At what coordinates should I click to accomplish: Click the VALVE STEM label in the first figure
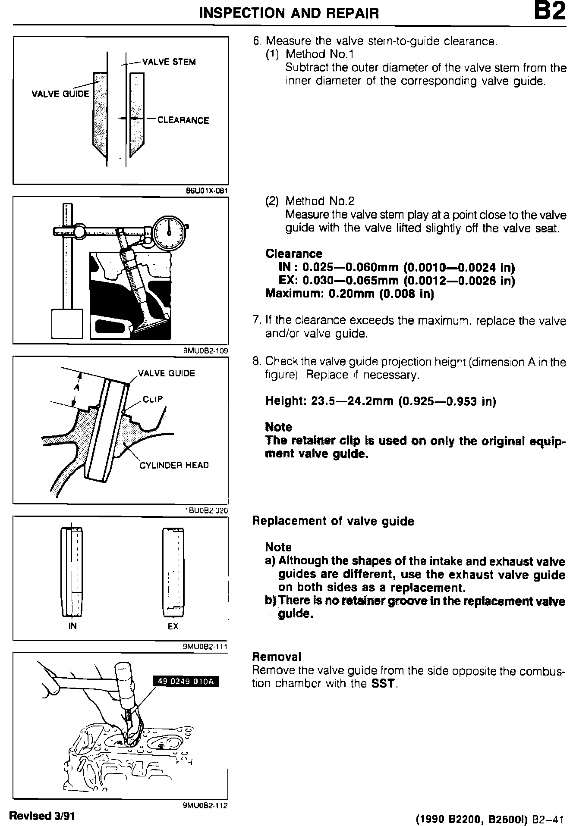[x=169, y=62]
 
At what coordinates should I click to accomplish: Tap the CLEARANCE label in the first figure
[x=183, y=120]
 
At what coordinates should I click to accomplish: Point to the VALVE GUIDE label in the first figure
[x=60, y=94]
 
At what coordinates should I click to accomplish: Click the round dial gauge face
[x=169, y=233]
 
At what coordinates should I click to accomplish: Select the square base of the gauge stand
[x=67, y=323]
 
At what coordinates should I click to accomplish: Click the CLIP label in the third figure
[x=153, y=399]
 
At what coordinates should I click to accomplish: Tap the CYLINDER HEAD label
[x=174, y=465]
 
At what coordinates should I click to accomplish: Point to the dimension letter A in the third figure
[x=76, y=388]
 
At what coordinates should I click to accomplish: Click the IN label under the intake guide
[x=72, y=626]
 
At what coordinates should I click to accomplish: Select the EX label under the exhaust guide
[x=173, y=626]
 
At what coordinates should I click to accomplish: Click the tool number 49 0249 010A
[x=186, y=681]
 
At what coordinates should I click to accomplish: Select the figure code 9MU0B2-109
[x=206, y=350]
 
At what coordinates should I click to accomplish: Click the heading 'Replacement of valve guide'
[x=333, y=521]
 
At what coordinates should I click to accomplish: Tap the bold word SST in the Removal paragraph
[x=383, y=684]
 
